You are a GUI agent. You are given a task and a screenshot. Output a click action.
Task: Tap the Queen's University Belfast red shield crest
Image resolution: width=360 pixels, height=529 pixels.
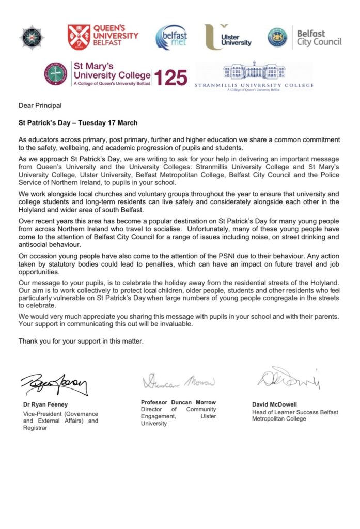[79, 37]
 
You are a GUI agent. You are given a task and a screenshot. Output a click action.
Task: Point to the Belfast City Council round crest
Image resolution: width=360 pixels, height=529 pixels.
[277, 37]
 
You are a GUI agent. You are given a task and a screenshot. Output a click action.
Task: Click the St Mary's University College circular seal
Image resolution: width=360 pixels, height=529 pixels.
[56, 74]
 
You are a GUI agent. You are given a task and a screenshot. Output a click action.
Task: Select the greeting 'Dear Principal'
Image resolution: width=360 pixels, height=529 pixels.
[40, 106]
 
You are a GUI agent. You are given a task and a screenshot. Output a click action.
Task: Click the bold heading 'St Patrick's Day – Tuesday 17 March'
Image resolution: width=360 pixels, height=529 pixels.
[75, 123]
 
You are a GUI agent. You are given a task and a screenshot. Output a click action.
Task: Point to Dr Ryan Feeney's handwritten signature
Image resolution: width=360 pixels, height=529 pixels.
[54, 384]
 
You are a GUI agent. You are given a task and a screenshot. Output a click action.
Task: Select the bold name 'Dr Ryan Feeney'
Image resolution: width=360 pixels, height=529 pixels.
[45, 404]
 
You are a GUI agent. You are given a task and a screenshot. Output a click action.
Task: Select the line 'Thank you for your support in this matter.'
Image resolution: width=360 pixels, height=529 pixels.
[81, 341]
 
